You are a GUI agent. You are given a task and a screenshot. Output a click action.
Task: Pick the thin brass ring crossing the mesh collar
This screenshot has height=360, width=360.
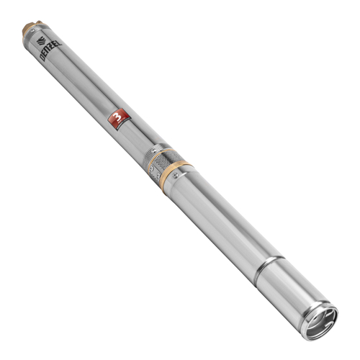click(153, 153)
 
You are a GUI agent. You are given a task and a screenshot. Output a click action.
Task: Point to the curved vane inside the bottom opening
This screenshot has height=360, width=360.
click(323, 317)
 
